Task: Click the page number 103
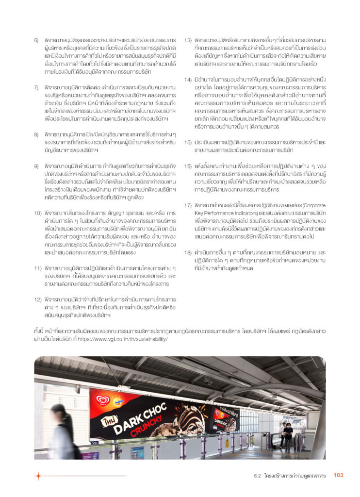(338, 475)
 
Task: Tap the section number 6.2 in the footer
(258, 476)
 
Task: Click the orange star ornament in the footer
(37, 476)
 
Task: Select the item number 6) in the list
(36, 40)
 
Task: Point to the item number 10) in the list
(37, 213)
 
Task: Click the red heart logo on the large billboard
(102, 400)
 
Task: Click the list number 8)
(36, 134)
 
